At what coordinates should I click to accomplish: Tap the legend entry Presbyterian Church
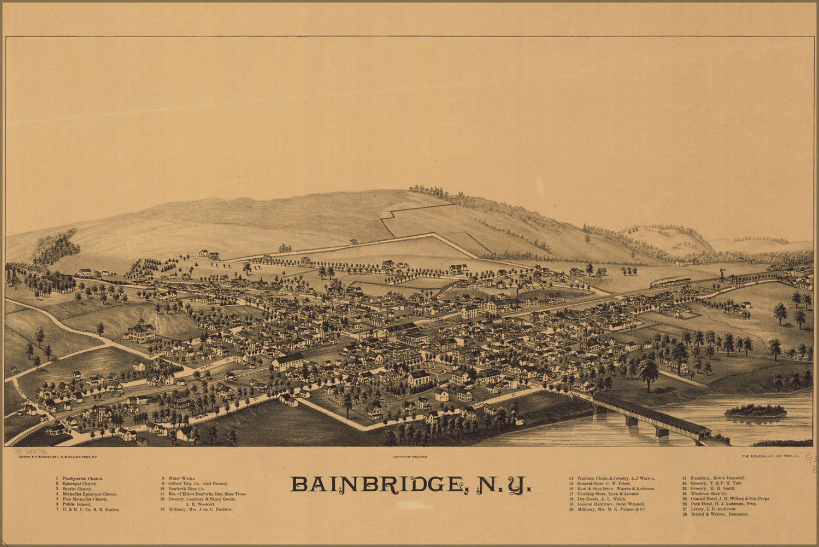[x=82, y=479]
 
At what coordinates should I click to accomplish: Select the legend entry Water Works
[x=181, y=479]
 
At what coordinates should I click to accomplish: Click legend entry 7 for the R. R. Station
[x=90, y=509]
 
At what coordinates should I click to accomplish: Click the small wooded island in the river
[x=756, y=410]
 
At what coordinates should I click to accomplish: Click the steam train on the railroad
[x=670, y=282]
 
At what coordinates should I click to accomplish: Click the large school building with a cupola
[x=141, y=331]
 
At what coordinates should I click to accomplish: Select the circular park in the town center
[x=438, y=371]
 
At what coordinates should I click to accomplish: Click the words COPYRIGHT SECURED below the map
[x=410, y=456]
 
